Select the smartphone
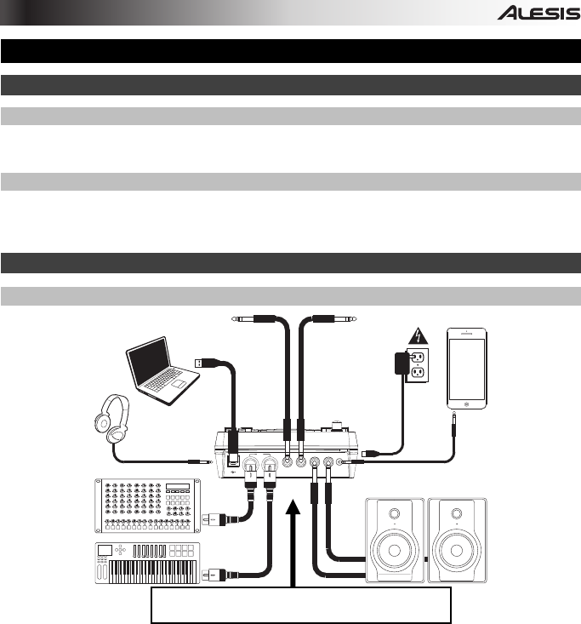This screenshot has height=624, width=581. point(468,368)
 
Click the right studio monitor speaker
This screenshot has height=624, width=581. point(456,541)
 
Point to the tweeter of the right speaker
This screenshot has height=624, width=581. point(456,514)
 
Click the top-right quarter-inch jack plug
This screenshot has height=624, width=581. point(328,319)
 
